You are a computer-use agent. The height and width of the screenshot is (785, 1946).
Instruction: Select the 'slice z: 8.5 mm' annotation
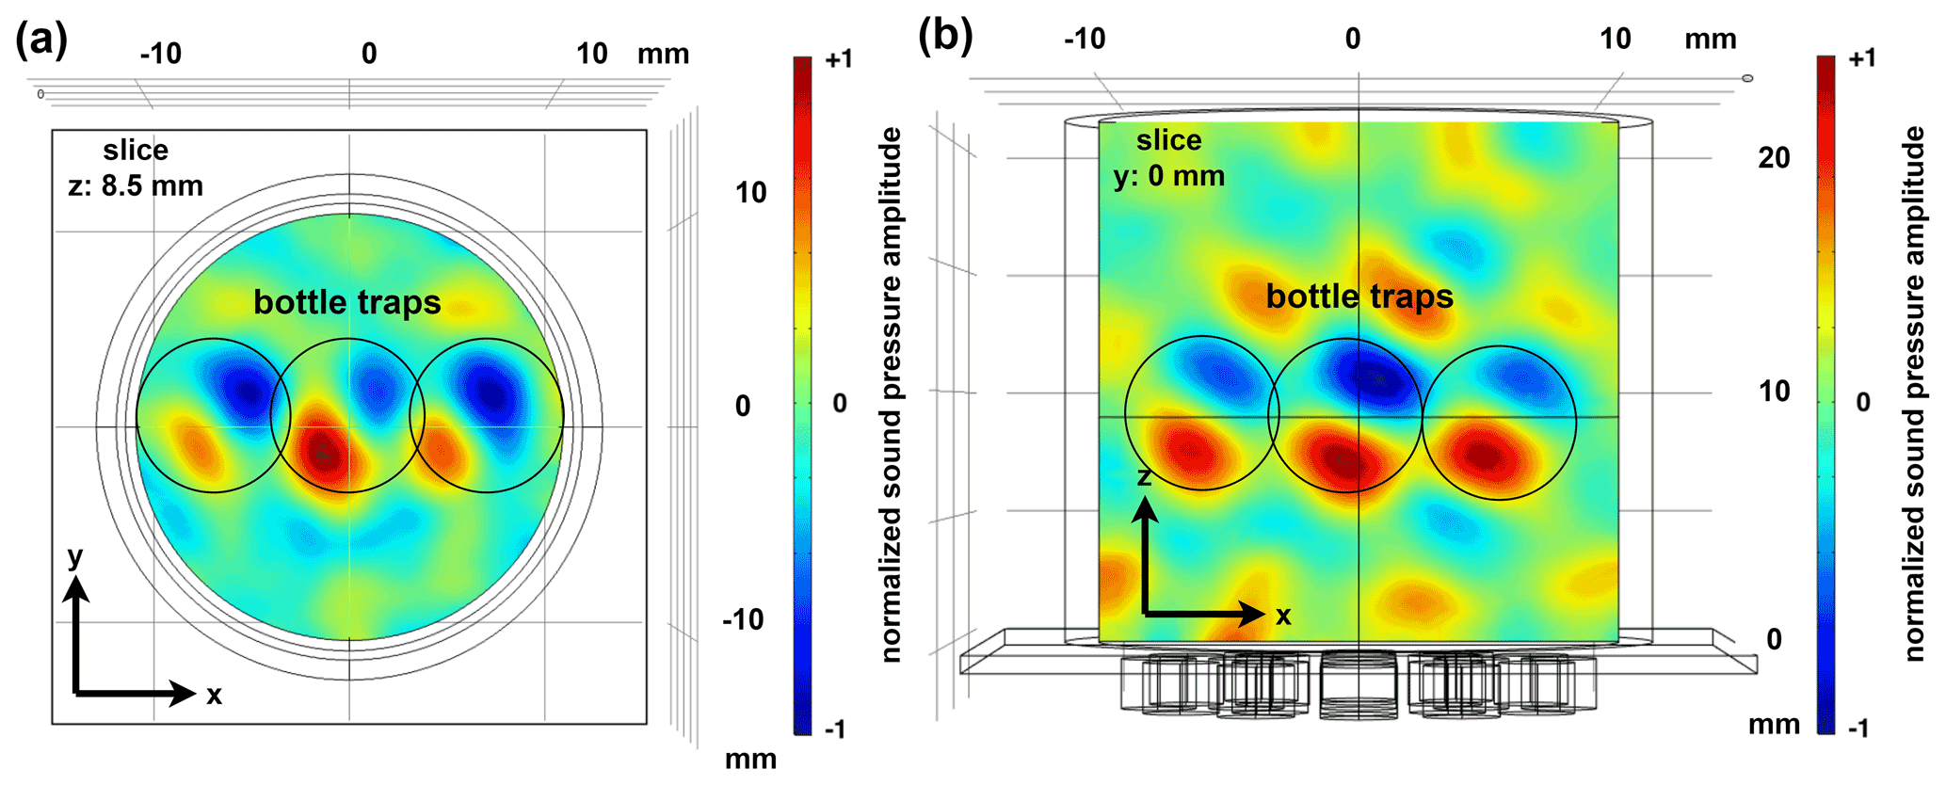137,168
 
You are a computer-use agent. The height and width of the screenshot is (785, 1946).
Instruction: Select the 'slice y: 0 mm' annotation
1169,157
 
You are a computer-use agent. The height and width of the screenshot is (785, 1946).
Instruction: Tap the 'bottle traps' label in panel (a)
347,302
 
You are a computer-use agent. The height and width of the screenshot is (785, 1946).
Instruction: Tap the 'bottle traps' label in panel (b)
1359,296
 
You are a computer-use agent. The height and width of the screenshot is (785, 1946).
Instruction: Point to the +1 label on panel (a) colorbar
838,59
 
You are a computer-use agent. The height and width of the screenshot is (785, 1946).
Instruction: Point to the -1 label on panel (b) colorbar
1858,728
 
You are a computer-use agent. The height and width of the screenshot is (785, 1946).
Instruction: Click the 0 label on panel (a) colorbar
840,403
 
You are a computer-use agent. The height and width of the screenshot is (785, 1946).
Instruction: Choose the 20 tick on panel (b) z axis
1775,158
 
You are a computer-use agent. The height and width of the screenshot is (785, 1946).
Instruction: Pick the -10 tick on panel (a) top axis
161,54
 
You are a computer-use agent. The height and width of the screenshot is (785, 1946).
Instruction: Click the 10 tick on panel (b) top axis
1616,39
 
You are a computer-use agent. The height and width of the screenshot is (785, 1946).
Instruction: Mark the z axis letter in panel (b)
1144,477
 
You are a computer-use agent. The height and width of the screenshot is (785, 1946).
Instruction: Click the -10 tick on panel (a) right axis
743,620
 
